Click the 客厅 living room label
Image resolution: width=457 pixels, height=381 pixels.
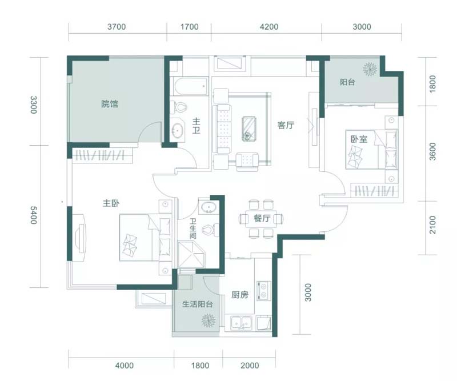coord(286,125)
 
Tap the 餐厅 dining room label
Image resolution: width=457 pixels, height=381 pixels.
coord(262,218)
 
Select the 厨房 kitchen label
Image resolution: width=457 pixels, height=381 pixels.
coord(240,295)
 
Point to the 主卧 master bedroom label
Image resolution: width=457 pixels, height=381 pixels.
coord(111,203)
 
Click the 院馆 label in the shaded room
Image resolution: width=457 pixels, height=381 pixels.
coord(110,104)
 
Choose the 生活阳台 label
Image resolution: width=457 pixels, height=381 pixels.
coord(197,304)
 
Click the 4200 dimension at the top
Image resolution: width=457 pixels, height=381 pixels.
coord(269,27)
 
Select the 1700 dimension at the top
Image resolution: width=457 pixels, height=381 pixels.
coord(190,27)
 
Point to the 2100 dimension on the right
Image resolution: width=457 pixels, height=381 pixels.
coord(433,224)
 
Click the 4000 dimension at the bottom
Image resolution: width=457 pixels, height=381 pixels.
coord(125,366)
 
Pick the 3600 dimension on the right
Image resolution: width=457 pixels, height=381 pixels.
coord(433,151)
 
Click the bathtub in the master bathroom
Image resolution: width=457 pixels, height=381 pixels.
coord(189,86)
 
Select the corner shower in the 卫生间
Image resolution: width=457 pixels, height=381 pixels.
coord(192,254)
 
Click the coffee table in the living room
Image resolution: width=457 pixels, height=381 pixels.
coord(249,129)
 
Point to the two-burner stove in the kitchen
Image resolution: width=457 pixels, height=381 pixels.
coord(264,291)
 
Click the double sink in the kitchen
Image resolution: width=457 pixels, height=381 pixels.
coord(242,323)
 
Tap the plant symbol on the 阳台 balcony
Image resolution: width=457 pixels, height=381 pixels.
coord(370,69)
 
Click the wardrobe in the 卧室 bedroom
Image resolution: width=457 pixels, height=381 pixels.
coord(375,190)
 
